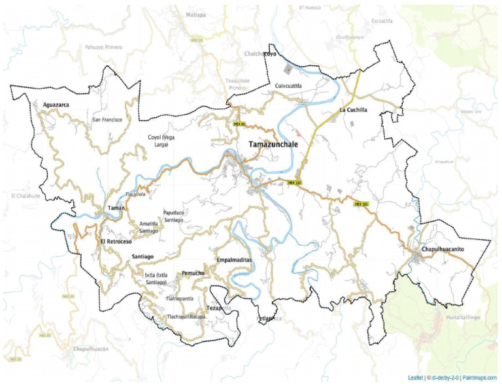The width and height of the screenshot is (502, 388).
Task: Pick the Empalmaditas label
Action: (x=233, y=260)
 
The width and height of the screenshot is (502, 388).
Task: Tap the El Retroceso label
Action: (x=117, y=242)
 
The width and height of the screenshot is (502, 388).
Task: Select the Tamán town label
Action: (x=116, y=208)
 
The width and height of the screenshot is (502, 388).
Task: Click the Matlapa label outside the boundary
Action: (x=195, y=14)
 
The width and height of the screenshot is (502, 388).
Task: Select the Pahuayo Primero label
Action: (x=104, y=47)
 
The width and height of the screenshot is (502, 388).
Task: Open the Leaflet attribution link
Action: (x=416, y=378)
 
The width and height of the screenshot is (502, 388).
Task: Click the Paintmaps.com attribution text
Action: (x=475, y=378)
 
